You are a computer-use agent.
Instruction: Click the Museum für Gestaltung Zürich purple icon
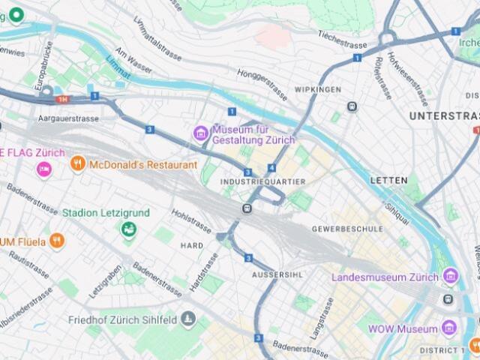pyautogui.click(x=200, y=133)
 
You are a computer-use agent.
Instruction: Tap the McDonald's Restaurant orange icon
pyautogui.click(x=77, y=164)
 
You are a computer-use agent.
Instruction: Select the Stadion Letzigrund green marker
pyautogui.click(x=129, y=228)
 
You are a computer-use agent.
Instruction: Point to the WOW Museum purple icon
pyautogui.click(x=448, y=328)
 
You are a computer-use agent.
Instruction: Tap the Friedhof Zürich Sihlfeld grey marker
pyautogui.click(x=187, y=321)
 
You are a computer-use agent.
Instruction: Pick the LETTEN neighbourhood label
pyautogui.click(x=388, y=181)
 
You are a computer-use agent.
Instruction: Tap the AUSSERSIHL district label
pyautogui.click(x=277, y=274)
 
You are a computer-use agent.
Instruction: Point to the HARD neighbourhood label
pyautogui.click(x=192, y=245)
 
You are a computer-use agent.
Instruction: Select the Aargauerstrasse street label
pyautogui.click(x=67, y=118)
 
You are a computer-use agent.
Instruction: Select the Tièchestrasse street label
pyautogui.click(x=343, y=34)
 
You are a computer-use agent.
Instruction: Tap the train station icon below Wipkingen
pyautogui.click(x=352, y=106)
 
